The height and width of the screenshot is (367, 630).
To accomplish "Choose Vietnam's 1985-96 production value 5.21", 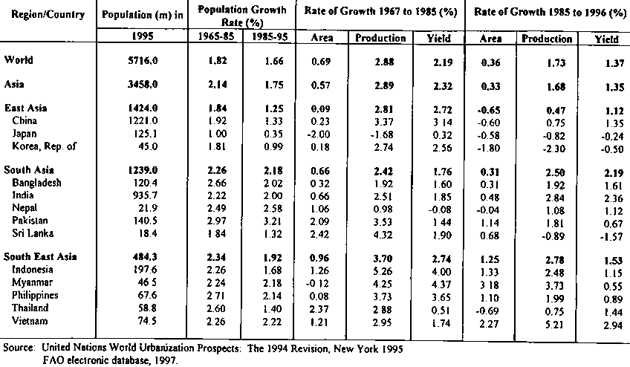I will click(547, 321).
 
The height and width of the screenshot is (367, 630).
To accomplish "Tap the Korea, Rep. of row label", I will click(44, 146).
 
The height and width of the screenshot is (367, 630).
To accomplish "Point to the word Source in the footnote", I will click(19, 346).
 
